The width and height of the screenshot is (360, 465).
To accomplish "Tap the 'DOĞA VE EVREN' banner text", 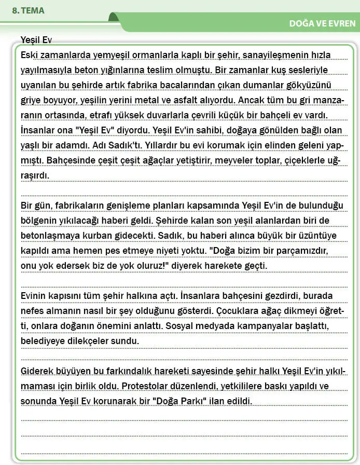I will [322, 23].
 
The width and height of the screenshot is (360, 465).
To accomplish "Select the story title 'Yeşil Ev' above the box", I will [36, 40].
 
